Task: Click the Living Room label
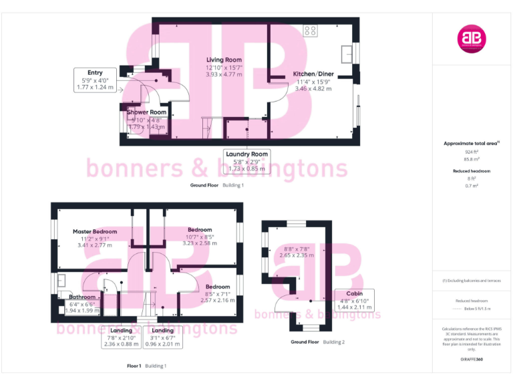[x=224, y=60]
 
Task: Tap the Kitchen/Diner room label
[x=313, y=74]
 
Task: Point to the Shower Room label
[x=147, y=112]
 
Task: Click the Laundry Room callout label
[x=246, y=154]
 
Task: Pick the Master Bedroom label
[x=95, y=232]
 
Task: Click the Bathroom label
[x=82, y=297]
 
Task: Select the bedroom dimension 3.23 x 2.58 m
[x=199, y=244]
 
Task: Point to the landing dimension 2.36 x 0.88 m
[x=121, y=344]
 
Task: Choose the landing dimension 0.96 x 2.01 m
[x=163, y=344]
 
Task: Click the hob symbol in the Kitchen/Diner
[x=311, y=30]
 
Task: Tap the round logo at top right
[x=472, y=39]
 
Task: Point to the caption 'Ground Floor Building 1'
[x=217, y=185]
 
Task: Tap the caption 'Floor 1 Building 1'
[x=146, y=366]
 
